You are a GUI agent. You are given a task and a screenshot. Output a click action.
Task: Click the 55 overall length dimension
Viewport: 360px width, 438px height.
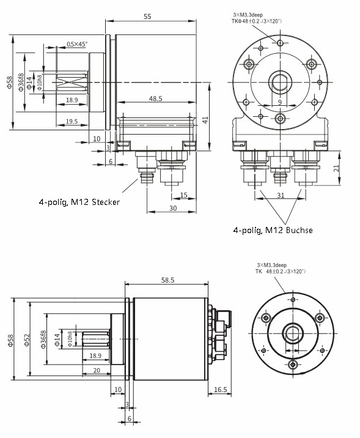[147, 17]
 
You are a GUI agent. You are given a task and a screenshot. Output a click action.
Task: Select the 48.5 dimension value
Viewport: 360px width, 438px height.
[155, 98]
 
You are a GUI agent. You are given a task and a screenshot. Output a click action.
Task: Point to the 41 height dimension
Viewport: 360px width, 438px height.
[206, 121]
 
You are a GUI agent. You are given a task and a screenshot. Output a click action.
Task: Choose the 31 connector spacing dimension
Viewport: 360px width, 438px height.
[280, 195]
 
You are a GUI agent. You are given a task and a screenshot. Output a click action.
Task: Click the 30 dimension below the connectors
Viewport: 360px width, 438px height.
[173, 208]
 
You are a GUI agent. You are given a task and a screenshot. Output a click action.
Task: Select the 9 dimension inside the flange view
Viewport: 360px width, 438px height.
[279, 102]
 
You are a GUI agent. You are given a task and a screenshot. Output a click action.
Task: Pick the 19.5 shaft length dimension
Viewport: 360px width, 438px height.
[72, 122]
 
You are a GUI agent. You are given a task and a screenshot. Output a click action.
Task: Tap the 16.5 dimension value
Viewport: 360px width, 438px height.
[221, 389]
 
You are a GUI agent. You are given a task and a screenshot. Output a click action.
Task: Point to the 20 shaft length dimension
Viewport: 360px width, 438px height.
[97, 371]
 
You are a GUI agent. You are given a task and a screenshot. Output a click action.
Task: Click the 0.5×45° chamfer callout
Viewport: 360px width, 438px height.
[77, 44]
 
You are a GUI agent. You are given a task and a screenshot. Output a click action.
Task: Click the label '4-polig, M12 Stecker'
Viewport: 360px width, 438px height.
[79, 202]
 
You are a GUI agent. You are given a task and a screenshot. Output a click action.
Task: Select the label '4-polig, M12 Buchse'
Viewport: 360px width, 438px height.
[273, 230]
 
